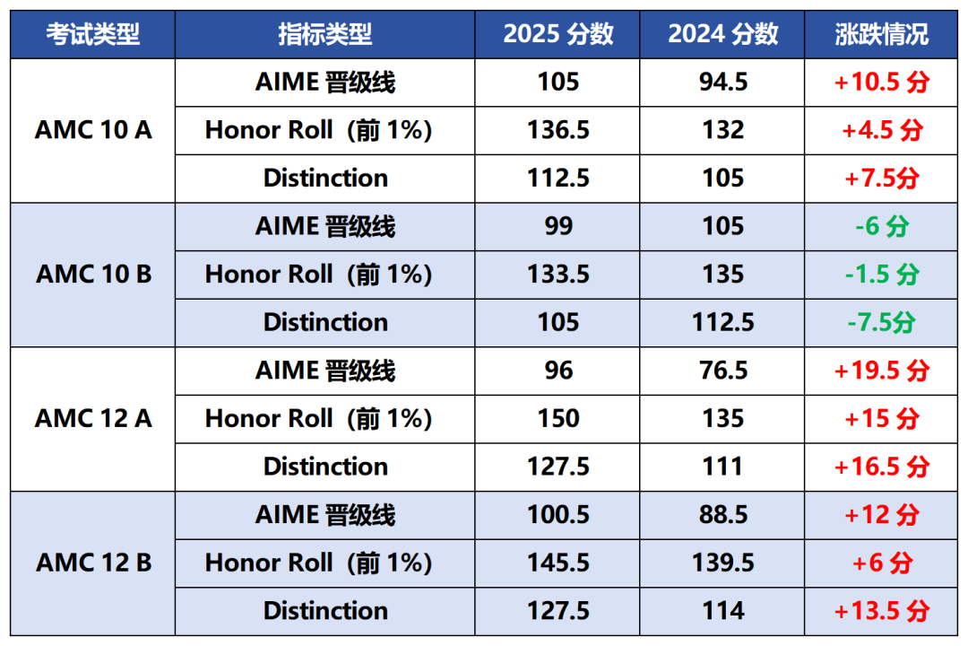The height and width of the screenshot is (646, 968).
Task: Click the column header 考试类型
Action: click(x=93, y=34)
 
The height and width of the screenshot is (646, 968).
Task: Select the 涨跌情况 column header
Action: click(x=881, y=34)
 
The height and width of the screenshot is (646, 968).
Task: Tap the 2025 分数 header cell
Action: click(x=558, y=34)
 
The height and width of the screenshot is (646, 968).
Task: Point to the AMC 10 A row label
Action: click(x=93, y=130)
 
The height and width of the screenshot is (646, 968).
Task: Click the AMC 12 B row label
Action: click(x=93, y=563)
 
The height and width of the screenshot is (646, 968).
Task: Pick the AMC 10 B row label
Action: click(x=93, y=274)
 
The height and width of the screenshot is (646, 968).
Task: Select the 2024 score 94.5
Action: click(x=723, y=83)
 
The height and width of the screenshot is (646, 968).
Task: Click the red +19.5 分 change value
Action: click(x=881, y=371)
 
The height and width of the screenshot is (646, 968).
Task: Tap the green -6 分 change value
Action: click(x=881, y=226)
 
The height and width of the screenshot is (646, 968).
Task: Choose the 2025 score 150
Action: click(x=558, y=418)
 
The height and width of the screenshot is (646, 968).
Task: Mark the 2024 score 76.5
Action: click(x=723, y=371)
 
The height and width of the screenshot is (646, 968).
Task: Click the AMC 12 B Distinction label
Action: click(x=325, y=611)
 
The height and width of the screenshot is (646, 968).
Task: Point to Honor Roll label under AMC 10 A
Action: click(x=318, y=130)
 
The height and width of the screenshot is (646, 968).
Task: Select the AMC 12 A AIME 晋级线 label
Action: click(x=325, y=371)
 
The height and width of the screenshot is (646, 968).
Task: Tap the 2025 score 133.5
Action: click(x=558, y=274)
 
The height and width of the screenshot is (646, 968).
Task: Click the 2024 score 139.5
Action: click(x=723, y=563)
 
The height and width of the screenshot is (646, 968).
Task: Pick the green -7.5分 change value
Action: click(x=881, y=322)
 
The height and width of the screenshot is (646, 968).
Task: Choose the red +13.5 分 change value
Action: click(x=881, y=611)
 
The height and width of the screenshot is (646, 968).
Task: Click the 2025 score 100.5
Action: click(x=558, y=515)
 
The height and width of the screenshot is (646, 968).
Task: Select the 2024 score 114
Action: click(x=723, y=611)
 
